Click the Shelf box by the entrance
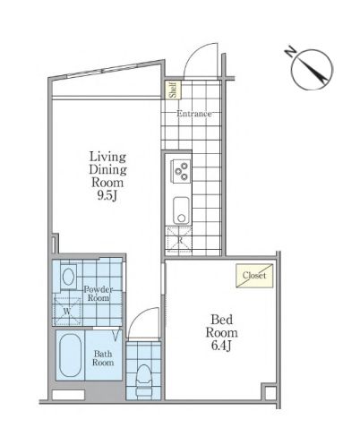tap(174, 90)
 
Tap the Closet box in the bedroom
tap(254, 276)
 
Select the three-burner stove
tap(180, 171)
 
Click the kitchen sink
tap(181, 210)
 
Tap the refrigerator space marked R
tap(179, 240)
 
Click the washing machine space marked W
tap(67, 311)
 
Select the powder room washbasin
tap(68, 277)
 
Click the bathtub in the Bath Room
tap(71, 355)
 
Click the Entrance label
tap(194, 114)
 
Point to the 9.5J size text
tap(107, 196)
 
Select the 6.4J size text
tap(221, 346)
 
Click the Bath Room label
tap(103, 358)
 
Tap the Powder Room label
tap(99, 294)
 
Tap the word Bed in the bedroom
tap(221, 320)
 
